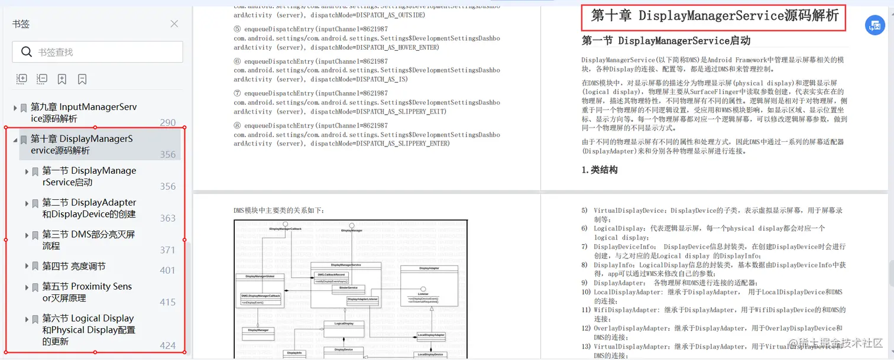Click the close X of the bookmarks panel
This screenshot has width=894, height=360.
pyautogui.click(x=174, y=24)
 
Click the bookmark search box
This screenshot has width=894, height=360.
pyautogui.click(x=98, y=52)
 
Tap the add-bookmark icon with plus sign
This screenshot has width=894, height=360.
pyautogui.click(x=22, y=79)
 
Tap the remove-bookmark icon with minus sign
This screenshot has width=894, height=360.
pyautogui.click(x=42, y=79)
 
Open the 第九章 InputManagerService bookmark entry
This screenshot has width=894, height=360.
pyautogui.click(x=83, y=112)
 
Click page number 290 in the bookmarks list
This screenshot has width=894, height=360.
pyautogui.click(x=168, y=122)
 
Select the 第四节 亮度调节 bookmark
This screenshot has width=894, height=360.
pyautogui.click(x=74, y=266)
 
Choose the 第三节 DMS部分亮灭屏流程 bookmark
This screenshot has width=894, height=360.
pyautogui.click(x=88, y=240)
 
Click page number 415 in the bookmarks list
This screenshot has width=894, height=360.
pyautogui.click(x=168, y=302)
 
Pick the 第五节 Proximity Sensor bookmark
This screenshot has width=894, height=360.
pyautogui.click(x=87, y=292)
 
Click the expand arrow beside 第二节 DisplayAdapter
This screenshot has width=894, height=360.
pyautogui.click(x=27, y=203)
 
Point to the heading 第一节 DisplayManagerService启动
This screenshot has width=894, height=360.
pyautogui.click(x=666, y=41)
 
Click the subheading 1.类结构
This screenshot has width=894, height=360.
pyautogui.click(x=600, y=170)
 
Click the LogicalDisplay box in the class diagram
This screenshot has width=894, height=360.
pyautogui.click(x=344, y=323)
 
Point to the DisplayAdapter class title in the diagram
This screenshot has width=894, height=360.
pyautogui.click(x=429, y=268)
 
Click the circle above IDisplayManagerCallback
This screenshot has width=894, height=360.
pyautogui.click(x=285, y=224)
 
